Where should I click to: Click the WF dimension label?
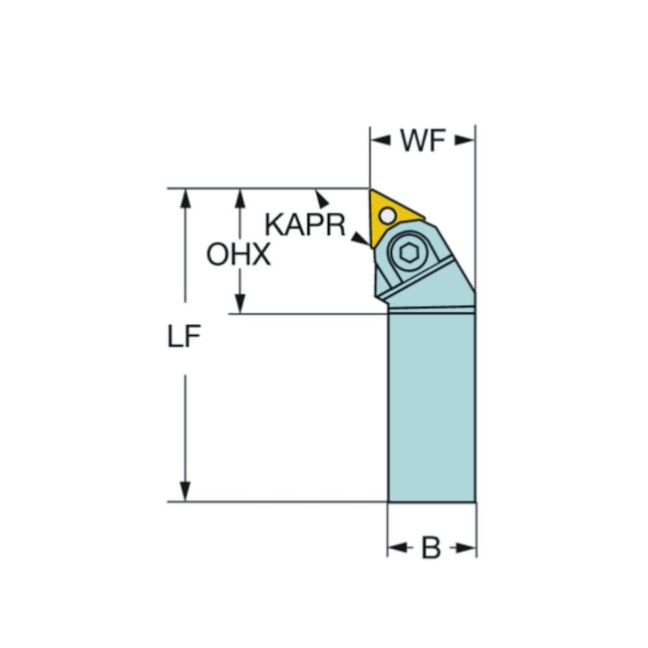tap(422, 142)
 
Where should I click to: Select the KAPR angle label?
tap(304, 223)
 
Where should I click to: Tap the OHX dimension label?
tap(238, 255)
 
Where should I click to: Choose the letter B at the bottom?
tap(431, 548)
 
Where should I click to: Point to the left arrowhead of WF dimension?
tap(377, 142)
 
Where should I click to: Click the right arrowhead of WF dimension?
tap(468, 142)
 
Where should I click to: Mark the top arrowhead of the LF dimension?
tap(184, 195)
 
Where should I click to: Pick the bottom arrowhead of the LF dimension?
tap(184, 494)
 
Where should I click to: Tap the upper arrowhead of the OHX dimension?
tap(239, 195)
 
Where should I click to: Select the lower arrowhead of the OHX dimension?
tap(239, 306)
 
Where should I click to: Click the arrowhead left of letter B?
tap(395, 548)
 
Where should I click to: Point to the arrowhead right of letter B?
tap(469, 548)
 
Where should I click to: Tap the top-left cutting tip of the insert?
tap(372, 191)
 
